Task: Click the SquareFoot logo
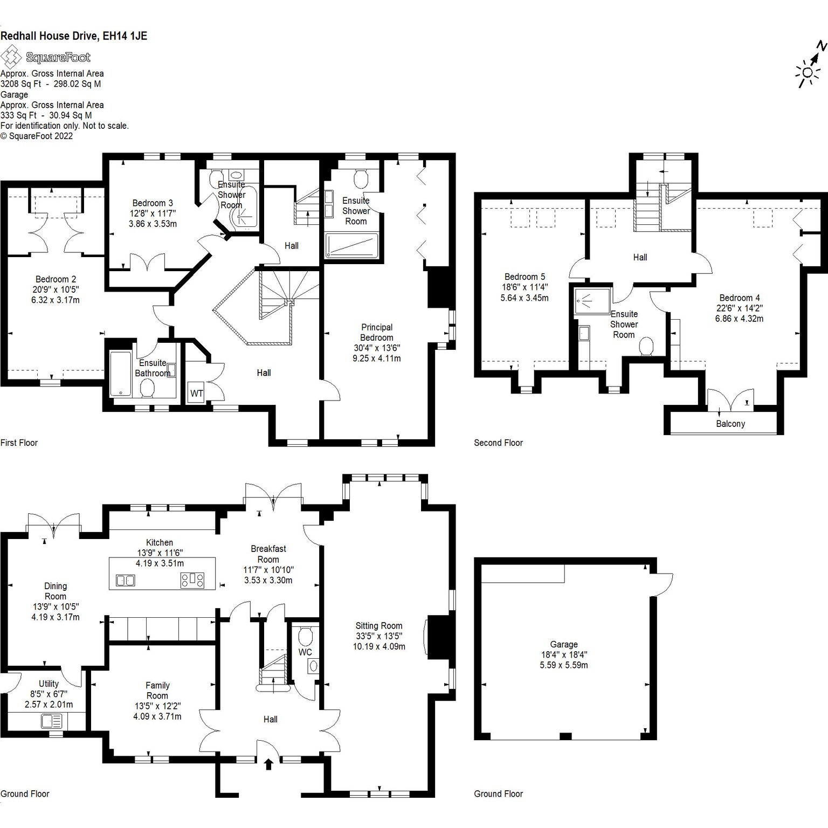[x=45, y=57]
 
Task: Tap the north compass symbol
[x=812, y=65]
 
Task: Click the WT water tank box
[x=196, y=393]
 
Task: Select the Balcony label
[x=730, y=424]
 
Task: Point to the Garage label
[x=564, y=644]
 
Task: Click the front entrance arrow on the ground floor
[x=269, y=764]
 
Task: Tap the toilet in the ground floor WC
[x=305, y=636]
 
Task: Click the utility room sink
[x=51, y=721]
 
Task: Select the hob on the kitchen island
[x=192, y=580]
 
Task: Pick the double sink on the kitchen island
[x=126, y=581]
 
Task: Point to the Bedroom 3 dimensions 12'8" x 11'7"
[x=153, y=213]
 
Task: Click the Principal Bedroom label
[x=377, y=332]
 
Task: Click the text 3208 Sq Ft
[x=20, y=84]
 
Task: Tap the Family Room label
[x=157, y=691]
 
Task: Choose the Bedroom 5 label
[x=525, y=277]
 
